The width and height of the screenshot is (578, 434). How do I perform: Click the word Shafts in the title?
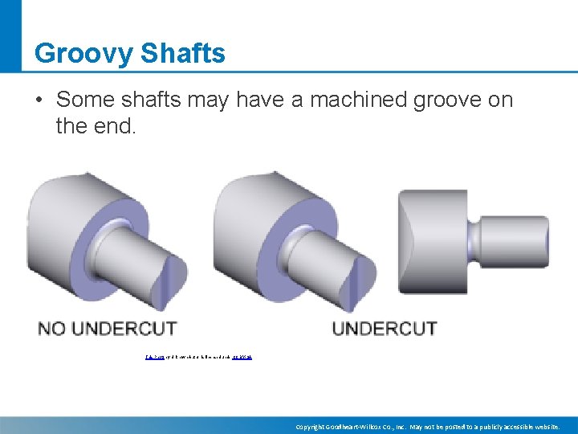click(x=183, y=53)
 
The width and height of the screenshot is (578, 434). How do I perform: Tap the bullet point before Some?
click(x=39, y=100)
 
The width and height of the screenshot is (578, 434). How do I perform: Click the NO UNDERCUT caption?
click(x=108, y=328)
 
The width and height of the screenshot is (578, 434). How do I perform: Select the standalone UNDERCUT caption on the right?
click(x=385, y=328)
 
